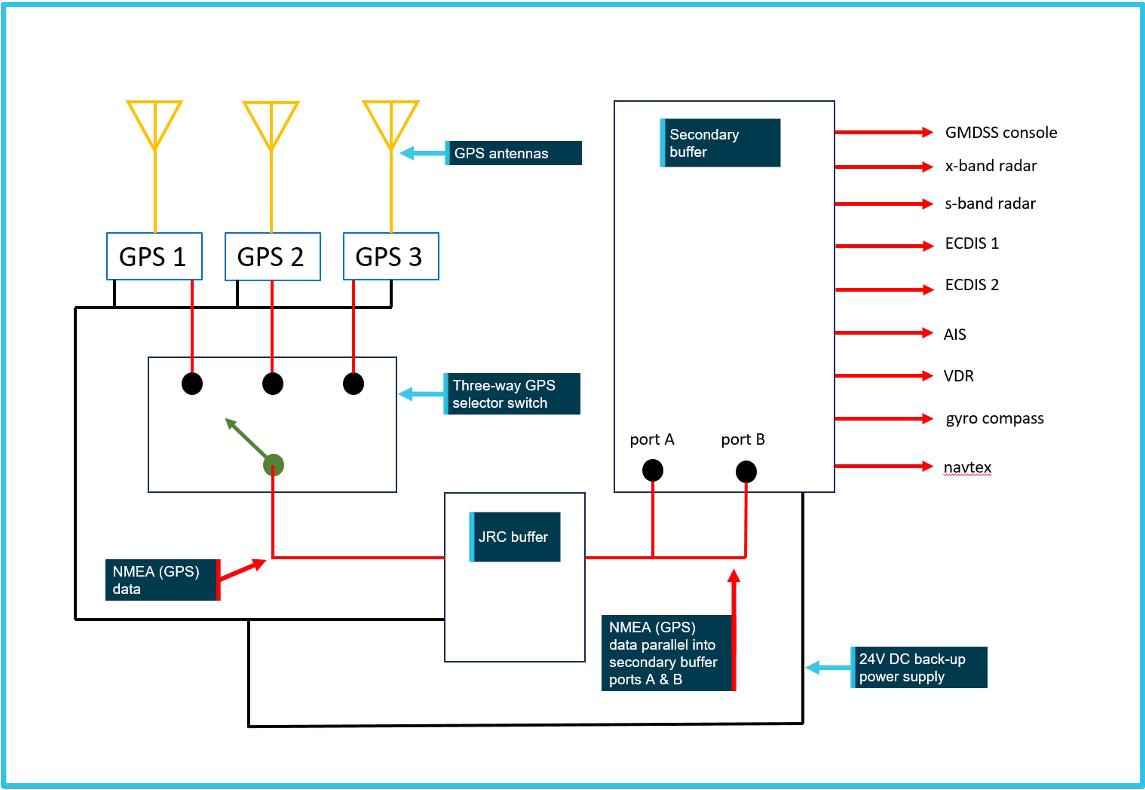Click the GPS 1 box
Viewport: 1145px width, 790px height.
pyautogui.click(x=154, y=256)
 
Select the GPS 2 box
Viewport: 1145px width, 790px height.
pyautogui.click(x=272, y=256)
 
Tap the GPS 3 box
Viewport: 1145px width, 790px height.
pyautogui.click(x=391, y=256)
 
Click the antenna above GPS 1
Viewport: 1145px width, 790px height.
pyautogui.click(x=154, y=124)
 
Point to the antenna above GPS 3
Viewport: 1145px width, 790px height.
pyautogui.click(x=391, y=124)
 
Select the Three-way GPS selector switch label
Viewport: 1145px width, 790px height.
pyautogui.click(x=511, y=394)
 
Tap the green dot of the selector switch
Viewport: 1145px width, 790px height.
pyautogui.click(x=273, y=465)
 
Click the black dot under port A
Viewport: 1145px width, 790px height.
pyautogui.click(x=652, y=470)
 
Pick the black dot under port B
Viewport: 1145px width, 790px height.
pyautogui.click(x=746, y=471)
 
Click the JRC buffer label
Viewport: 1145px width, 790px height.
pyautogui.click(x=514, y=537)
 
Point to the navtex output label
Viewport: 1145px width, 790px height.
pyautogui.click(x=967, y=467)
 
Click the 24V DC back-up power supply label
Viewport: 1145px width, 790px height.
pyautogui.click(x=918, y=667)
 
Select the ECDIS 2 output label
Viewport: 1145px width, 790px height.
pyautogui.click(x=971, y=285)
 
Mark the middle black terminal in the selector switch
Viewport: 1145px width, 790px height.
pyautogui.click(x=272, y=384)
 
